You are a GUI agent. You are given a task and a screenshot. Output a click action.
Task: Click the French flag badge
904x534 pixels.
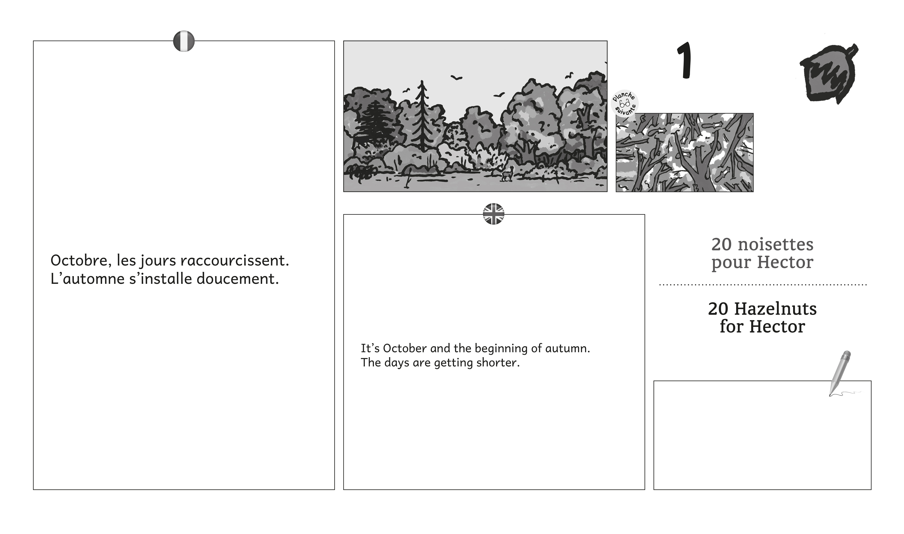tap(184, 41)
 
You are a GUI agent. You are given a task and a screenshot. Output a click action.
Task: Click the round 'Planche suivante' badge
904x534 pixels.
tap(625, 103)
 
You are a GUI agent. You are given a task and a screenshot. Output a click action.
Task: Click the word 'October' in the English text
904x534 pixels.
tap(405, 348)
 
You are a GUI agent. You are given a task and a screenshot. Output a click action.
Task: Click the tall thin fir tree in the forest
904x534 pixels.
tap(421, 117)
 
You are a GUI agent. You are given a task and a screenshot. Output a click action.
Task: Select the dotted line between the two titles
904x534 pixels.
tap(763, 285)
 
